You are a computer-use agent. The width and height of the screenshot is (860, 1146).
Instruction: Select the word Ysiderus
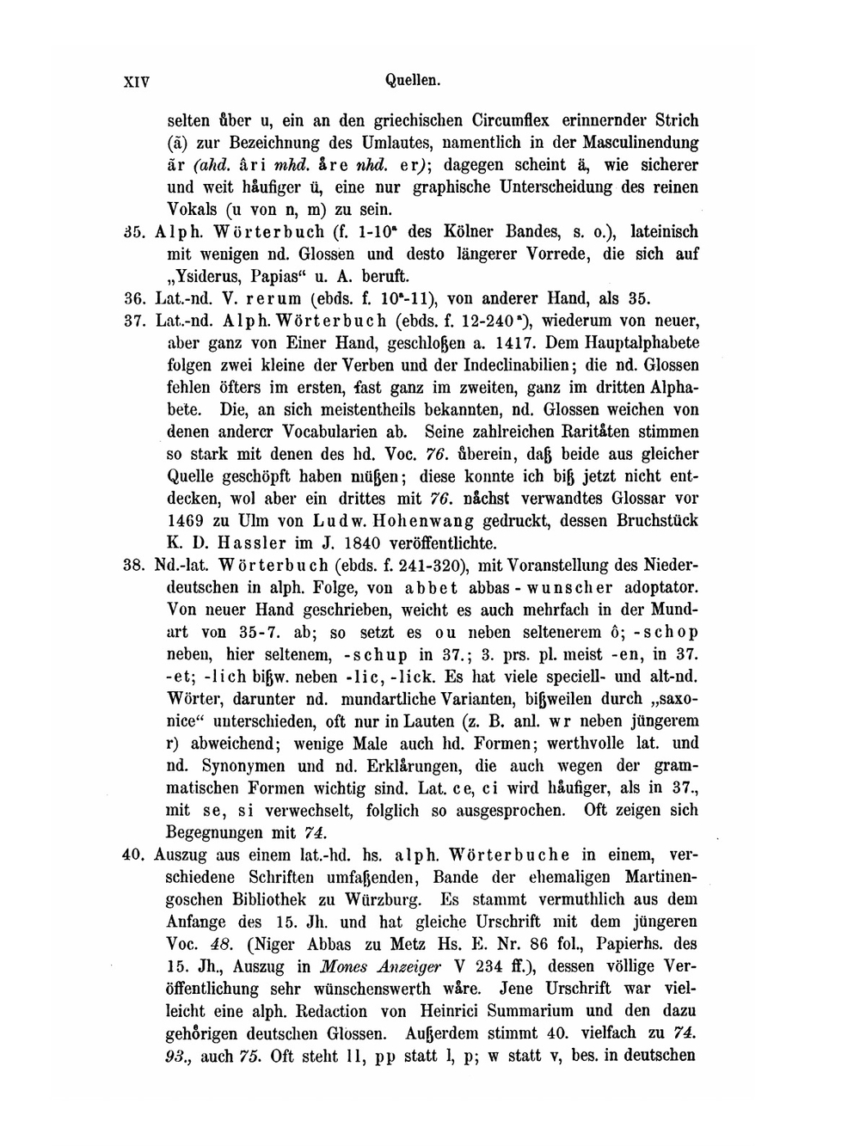click(x=205, y=277)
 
